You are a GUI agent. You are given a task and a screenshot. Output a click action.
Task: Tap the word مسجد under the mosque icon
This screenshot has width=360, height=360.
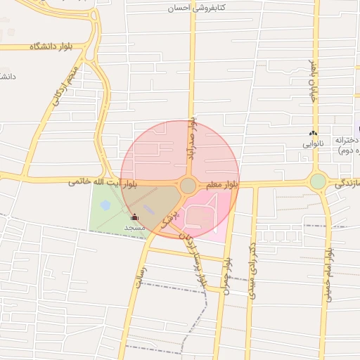tap(134, 228)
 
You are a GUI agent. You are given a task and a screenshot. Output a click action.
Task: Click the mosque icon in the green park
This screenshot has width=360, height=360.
tap(135, 218)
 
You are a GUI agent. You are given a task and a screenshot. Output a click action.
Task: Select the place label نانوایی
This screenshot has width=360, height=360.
tap(313, 143)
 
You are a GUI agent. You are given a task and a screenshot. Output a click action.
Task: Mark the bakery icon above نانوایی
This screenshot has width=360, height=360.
tap(313, 134)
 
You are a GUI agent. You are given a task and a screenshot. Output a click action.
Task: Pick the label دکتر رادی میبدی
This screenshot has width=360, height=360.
tap(251, 271)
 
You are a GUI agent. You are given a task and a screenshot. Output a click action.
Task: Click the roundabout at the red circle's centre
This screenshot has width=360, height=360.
tap(188, 185)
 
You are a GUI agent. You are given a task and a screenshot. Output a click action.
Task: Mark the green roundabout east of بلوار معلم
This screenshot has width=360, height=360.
tap(318, 181)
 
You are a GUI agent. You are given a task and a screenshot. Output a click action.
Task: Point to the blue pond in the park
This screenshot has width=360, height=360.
tap(105, 205)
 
